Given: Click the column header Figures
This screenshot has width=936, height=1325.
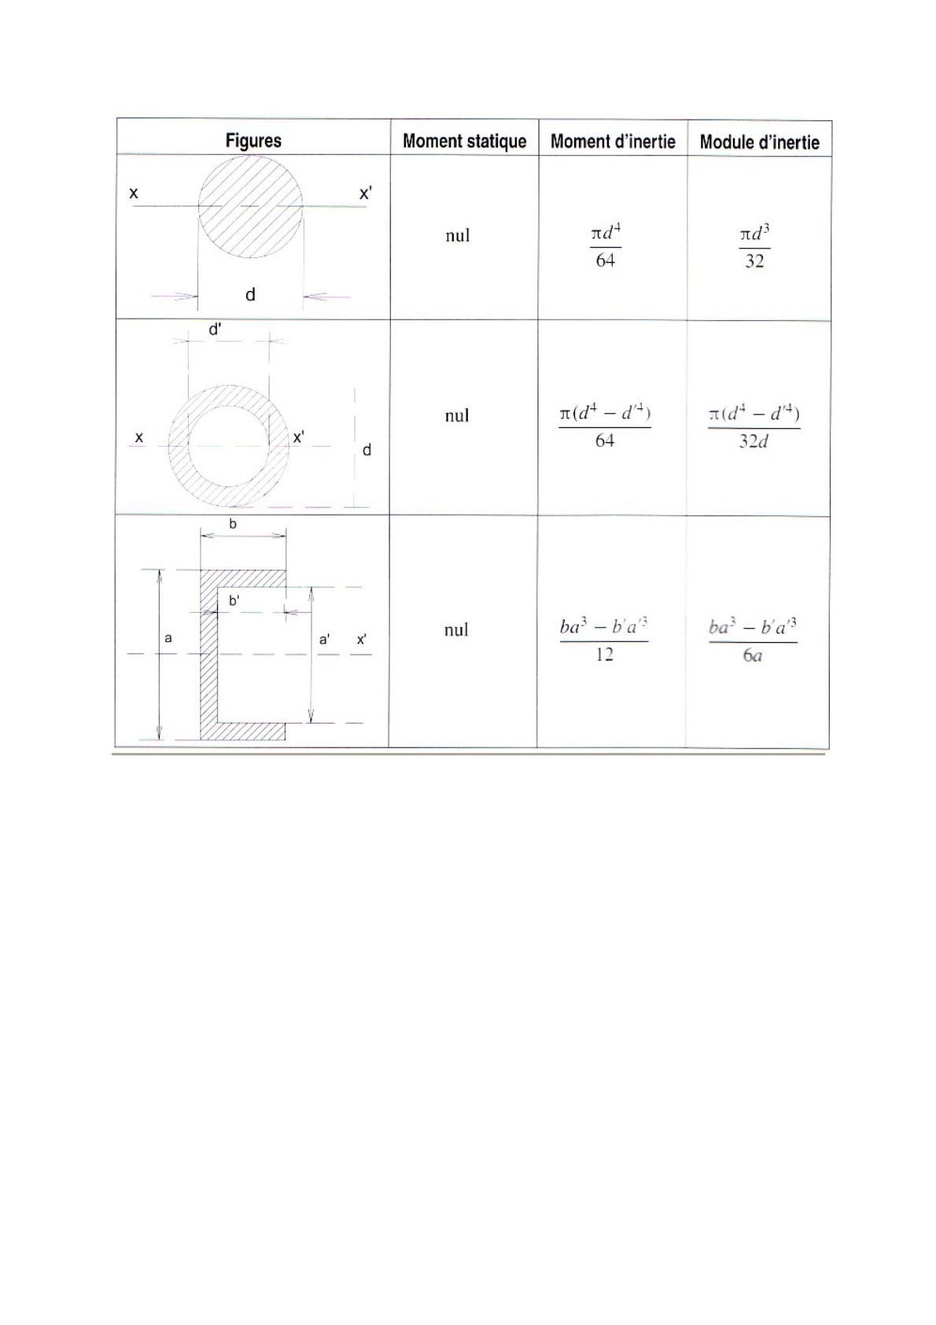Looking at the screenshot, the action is point(253,140).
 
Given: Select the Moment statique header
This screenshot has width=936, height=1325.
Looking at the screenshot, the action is point(464,141).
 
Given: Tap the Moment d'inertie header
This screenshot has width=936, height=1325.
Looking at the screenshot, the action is point(613,142).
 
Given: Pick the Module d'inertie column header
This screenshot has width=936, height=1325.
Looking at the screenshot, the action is point(759,142).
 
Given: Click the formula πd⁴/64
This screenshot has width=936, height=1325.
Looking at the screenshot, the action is point(606,245).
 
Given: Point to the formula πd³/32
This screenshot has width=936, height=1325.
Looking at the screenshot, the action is point(754,246).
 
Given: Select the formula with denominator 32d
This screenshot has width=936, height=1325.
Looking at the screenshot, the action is point(754,427).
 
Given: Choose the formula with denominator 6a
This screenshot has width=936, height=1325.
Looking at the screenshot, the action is point(753,640).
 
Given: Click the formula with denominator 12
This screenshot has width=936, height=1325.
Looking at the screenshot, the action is point(604,640).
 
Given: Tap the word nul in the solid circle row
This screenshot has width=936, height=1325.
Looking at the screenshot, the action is point(458,235).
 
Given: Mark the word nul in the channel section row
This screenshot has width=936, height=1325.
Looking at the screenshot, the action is point(456,629).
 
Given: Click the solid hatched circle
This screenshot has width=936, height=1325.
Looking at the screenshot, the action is point(251,206).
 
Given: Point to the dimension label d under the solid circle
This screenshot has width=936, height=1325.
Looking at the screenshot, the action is point(251,294).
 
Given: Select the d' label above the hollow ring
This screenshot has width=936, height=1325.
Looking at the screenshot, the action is point(216,329).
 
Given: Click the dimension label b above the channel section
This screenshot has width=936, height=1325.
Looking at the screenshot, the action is point(233,523).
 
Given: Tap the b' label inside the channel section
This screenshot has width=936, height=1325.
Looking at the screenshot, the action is point(234,601).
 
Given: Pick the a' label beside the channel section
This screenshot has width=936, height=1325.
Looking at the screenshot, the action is point(325,640).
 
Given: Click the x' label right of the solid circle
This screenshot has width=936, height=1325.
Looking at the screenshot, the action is point(366,194).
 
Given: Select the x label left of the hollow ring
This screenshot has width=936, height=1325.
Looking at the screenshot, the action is point(139,437).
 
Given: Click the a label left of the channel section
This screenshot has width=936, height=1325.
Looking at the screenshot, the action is point(168,638).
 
